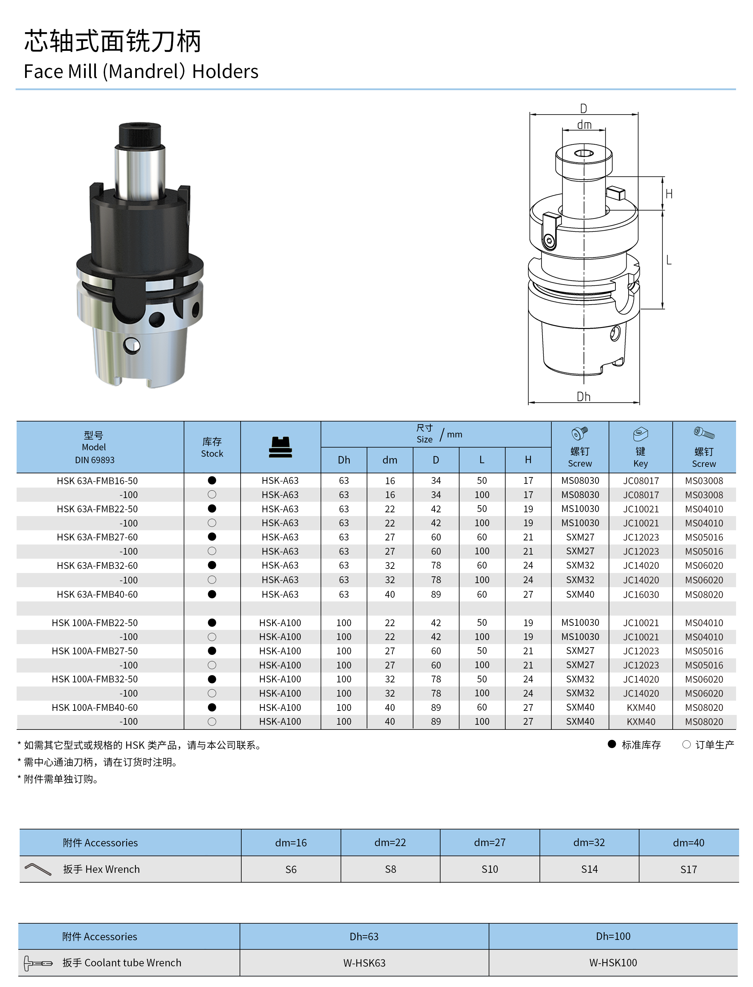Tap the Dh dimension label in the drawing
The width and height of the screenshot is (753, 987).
(583, 396)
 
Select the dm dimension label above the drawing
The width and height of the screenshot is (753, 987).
(584, 125)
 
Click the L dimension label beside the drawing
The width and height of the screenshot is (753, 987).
(669, 260)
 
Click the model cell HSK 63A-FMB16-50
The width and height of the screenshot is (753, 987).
(97, 481)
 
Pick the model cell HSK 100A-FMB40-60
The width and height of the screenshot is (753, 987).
(95, 707)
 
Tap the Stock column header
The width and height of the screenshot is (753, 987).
(212, 447)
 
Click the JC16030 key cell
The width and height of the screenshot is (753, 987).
(641, 595)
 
